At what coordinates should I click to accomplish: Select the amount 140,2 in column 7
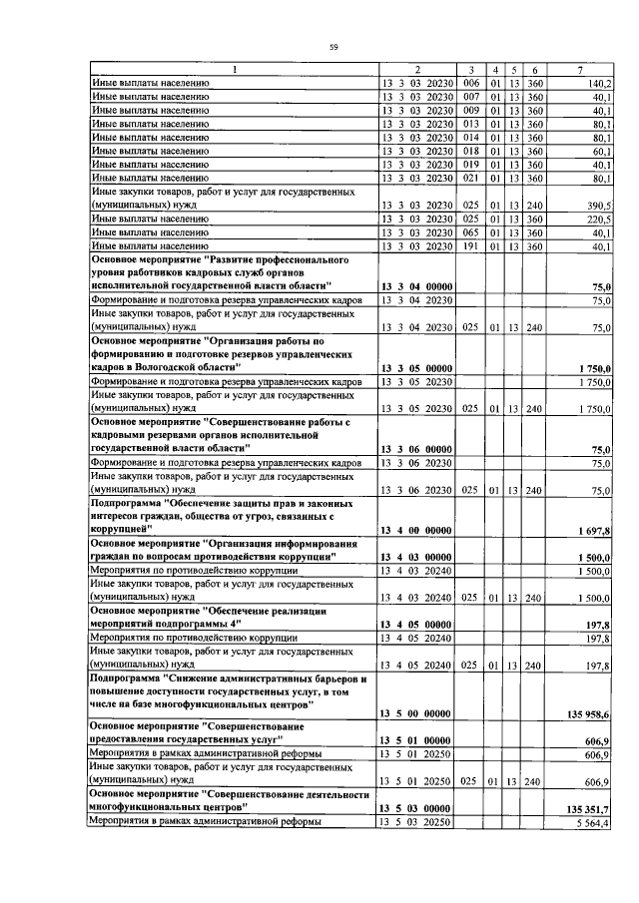(x=600, y=83)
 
